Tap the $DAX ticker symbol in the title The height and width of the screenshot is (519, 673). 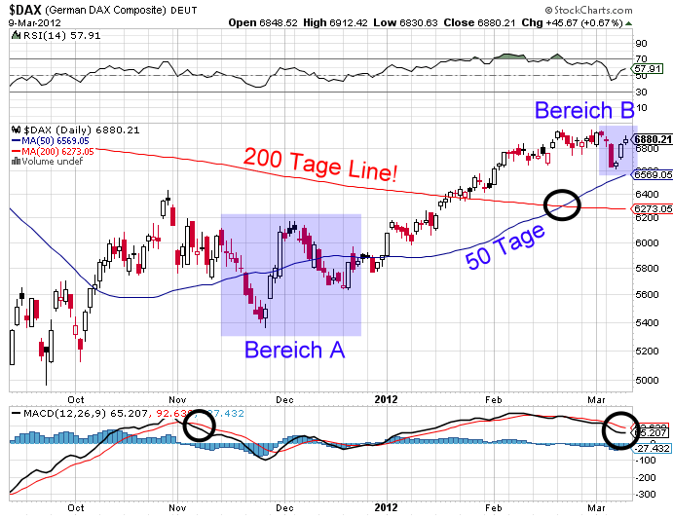point(30,9)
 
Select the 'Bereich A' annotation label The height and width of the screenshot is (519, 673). point(294,350)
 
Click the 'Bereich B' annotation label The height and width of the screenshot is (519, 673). point(584,110)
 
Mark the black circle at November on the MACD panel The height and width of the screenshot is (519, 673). point(199,425)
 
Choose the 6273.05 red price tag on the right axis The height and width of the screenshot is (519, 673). point(654,208)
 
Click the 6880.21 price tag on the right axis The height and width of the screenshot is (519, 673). point(654,139)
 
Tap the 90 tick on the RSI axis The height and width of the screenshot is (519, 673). point(641,44)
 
